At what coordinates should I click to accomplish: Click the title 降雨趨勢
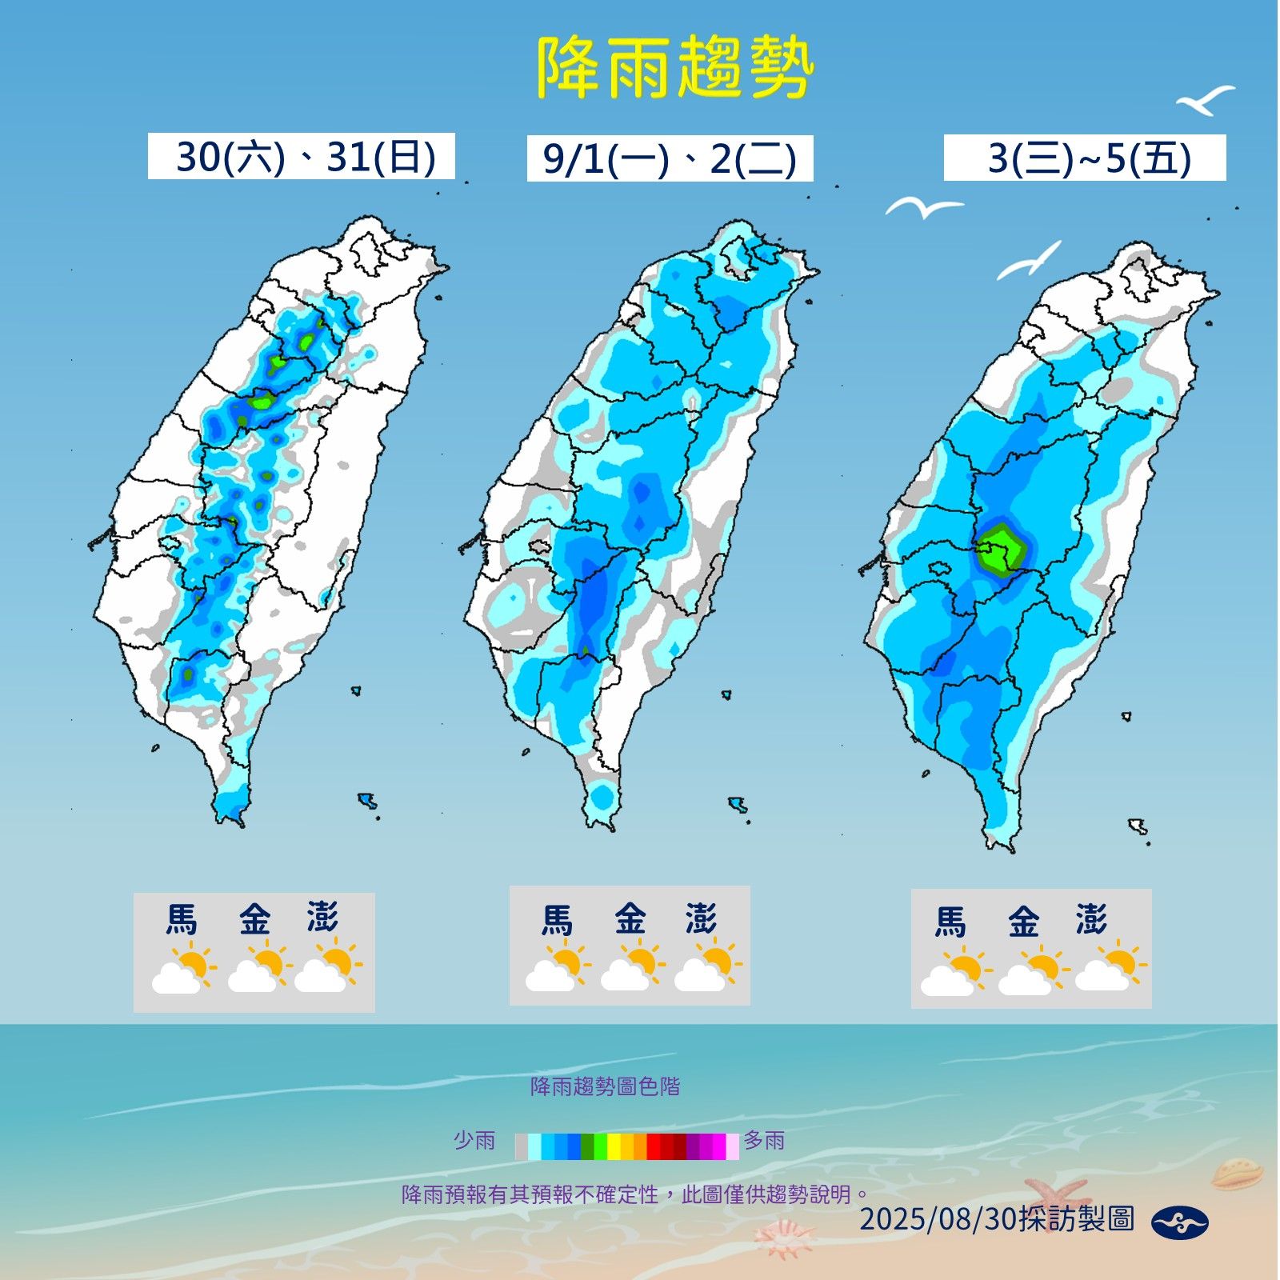pos(674,69)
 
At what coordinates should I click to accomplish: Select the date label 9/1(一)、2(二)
pos(670,158)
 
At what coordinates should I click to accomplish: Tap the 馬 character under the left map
pos(182,919)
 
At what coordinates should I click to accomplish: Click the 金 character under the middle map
pos(630,919)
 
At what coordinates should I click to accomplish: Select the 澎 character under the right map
pos(1091,921)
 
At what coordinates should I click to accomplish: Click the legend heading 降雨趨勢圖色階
pos(605,1086)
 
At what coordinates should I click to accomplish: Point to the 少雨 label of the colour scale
pos(474,1140)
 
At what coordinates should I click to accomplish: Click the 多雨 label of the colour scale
pos(765,1140)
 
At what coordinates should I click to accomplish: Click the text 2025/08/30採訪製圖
pos(997,1219)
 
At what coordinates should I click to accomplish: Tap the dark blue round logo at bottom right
pos(1179,1222)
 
